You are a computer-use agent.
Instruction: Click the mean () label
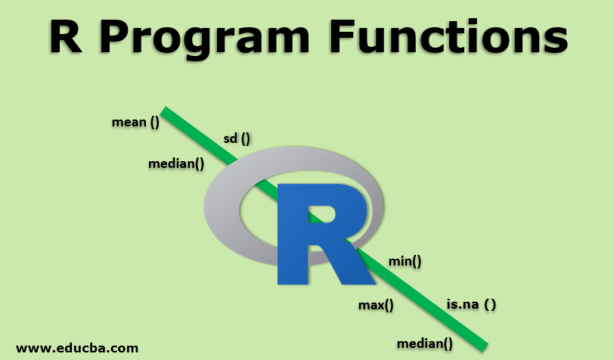tap(135, 122)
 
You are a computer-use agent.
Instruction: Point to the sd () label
tap(237, 138)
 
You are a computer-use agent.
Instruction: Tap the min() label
tap(405, 261)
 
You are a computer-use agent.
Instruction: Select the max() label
tap(376, 305)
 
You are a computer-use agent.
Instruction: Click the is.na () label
tap(471, 304)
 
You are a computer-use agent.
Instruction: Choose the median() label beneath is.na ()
tap(425, 343)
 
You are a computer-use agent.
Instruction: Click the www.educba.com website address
tap(77, 348)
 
